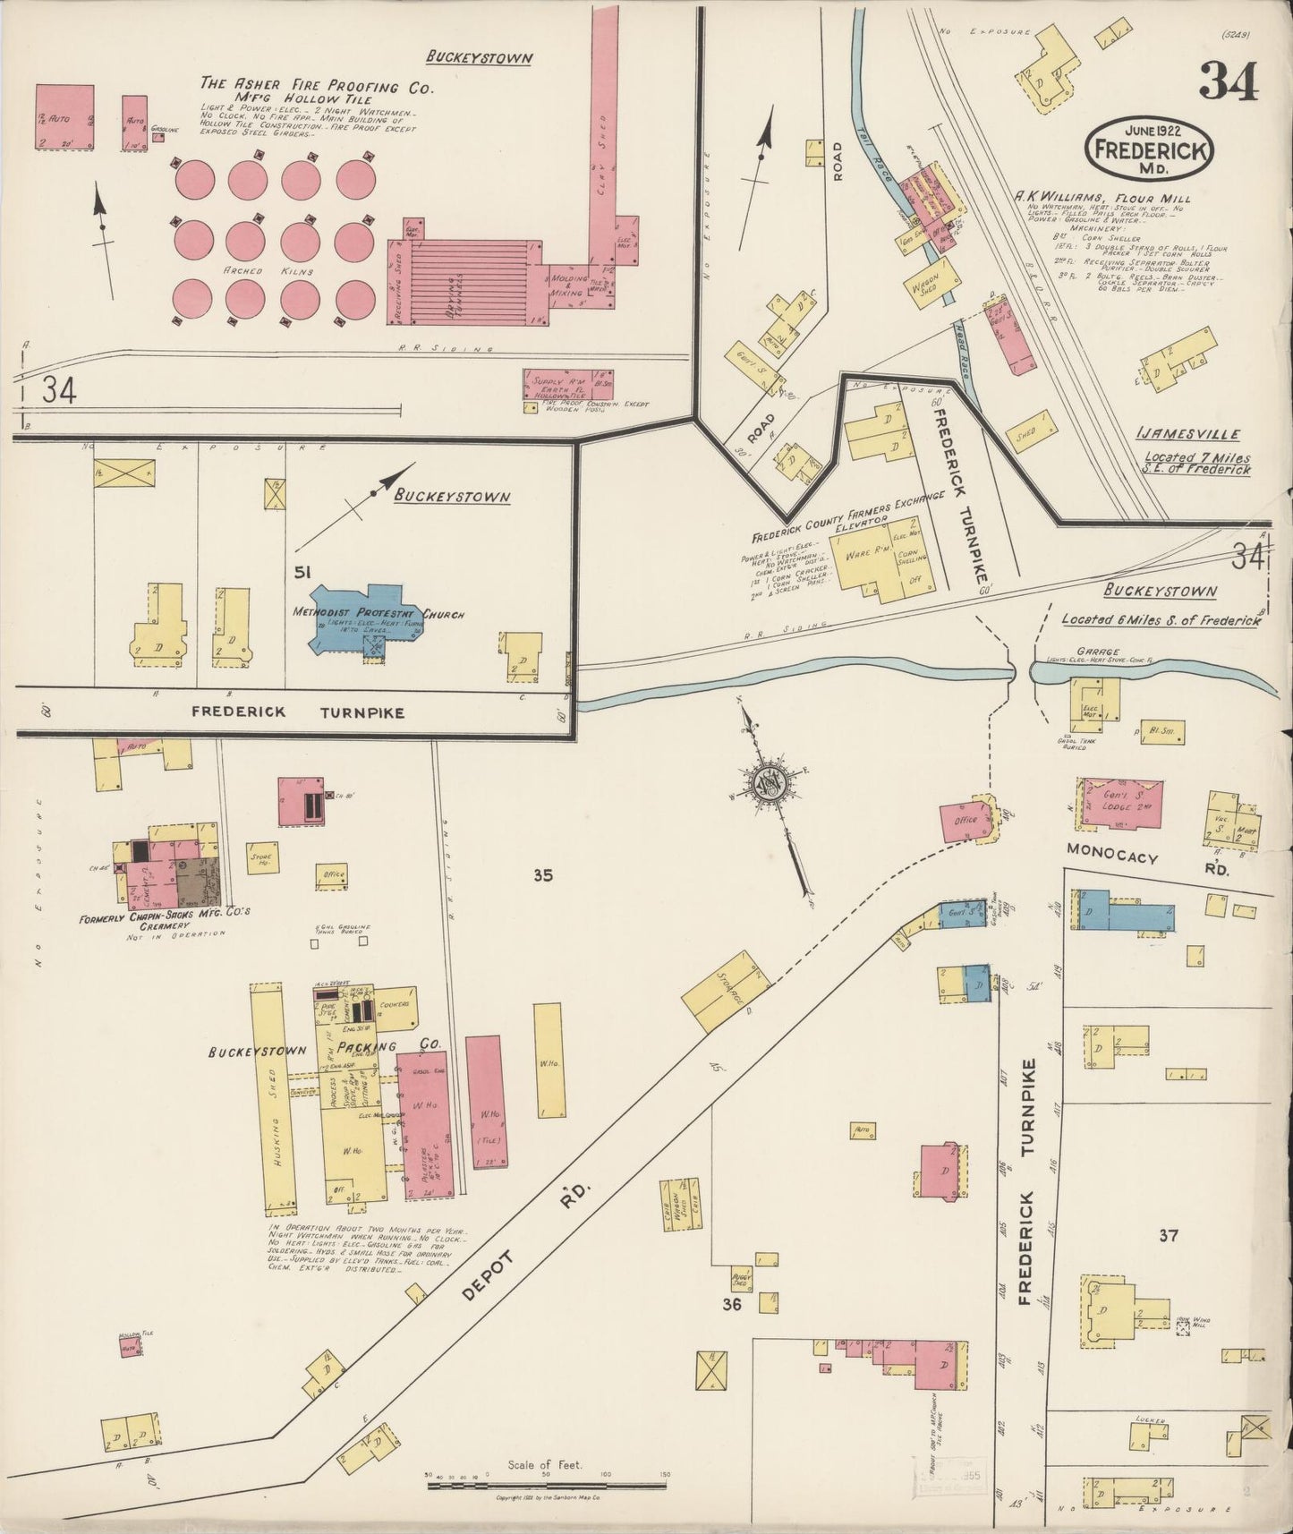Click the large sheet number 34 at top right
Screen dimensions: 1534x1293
coord(1229,82)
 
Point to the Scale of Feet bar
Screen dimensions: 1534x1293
coord(546,1485)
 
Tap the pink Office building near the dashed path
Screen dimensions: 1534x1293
coord(963,821)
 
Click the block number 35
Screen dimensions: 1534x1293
coord(542,875)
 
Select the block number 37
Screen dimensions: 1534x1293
coord(1168,1236)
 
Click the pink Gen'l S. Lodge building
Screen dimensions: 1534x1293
coord(1121,802)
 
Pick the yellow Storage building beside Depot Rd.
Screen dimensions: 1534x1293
coord(725,990)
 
